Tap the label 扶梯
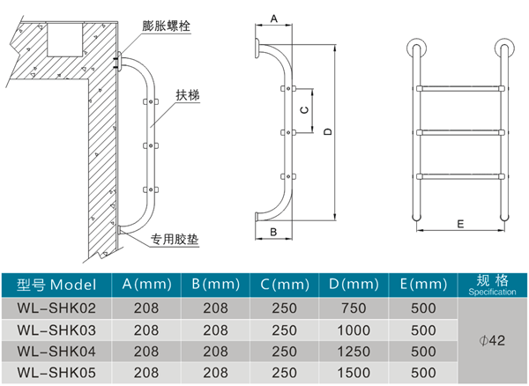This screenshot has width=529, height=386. pyautogui.click(x=186, y=94)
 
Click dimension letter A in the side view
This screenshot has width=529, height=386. pyautogui.click(x=273, y=19)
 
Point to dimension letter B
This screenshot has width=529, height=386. pyautogui.click(x=273, y=232)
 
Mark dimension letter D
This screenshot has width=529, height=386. pyautogui.click(x=326, y=131)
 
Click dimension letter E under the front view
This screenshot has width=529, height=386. pyautogui.click(x=460, y=224)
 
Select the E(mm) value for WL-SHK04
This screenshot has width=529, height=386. pyautogui.click(x=425, y=350)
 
